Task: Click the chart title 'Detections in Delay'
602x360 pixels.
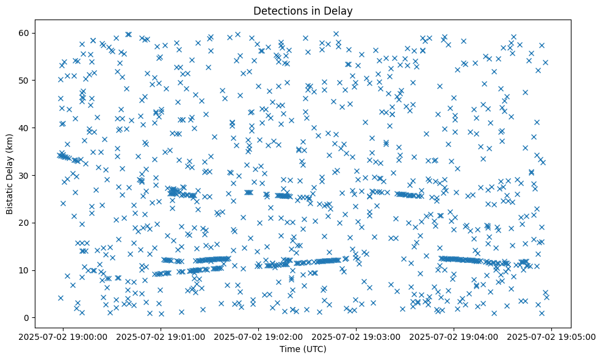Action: click(303, 11)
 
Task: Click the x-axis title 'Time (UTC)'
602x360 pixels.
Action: click(303, 349)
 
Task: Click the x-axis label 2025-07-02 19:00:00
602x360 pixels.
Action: click(63, 336)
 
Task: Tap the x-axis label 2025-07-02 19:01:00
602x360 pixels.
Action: click(161, 336)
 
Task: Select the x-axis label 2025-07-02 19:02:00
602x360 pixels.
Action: click(259, 336)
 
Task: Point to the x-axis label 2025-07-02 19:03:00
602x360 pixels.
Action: click(357, 336)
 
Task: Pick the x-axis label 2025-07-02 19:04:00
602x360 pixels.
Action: click(454, 336)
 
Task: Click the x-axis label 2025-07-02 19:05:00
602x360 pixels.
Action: click(551, 336)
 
